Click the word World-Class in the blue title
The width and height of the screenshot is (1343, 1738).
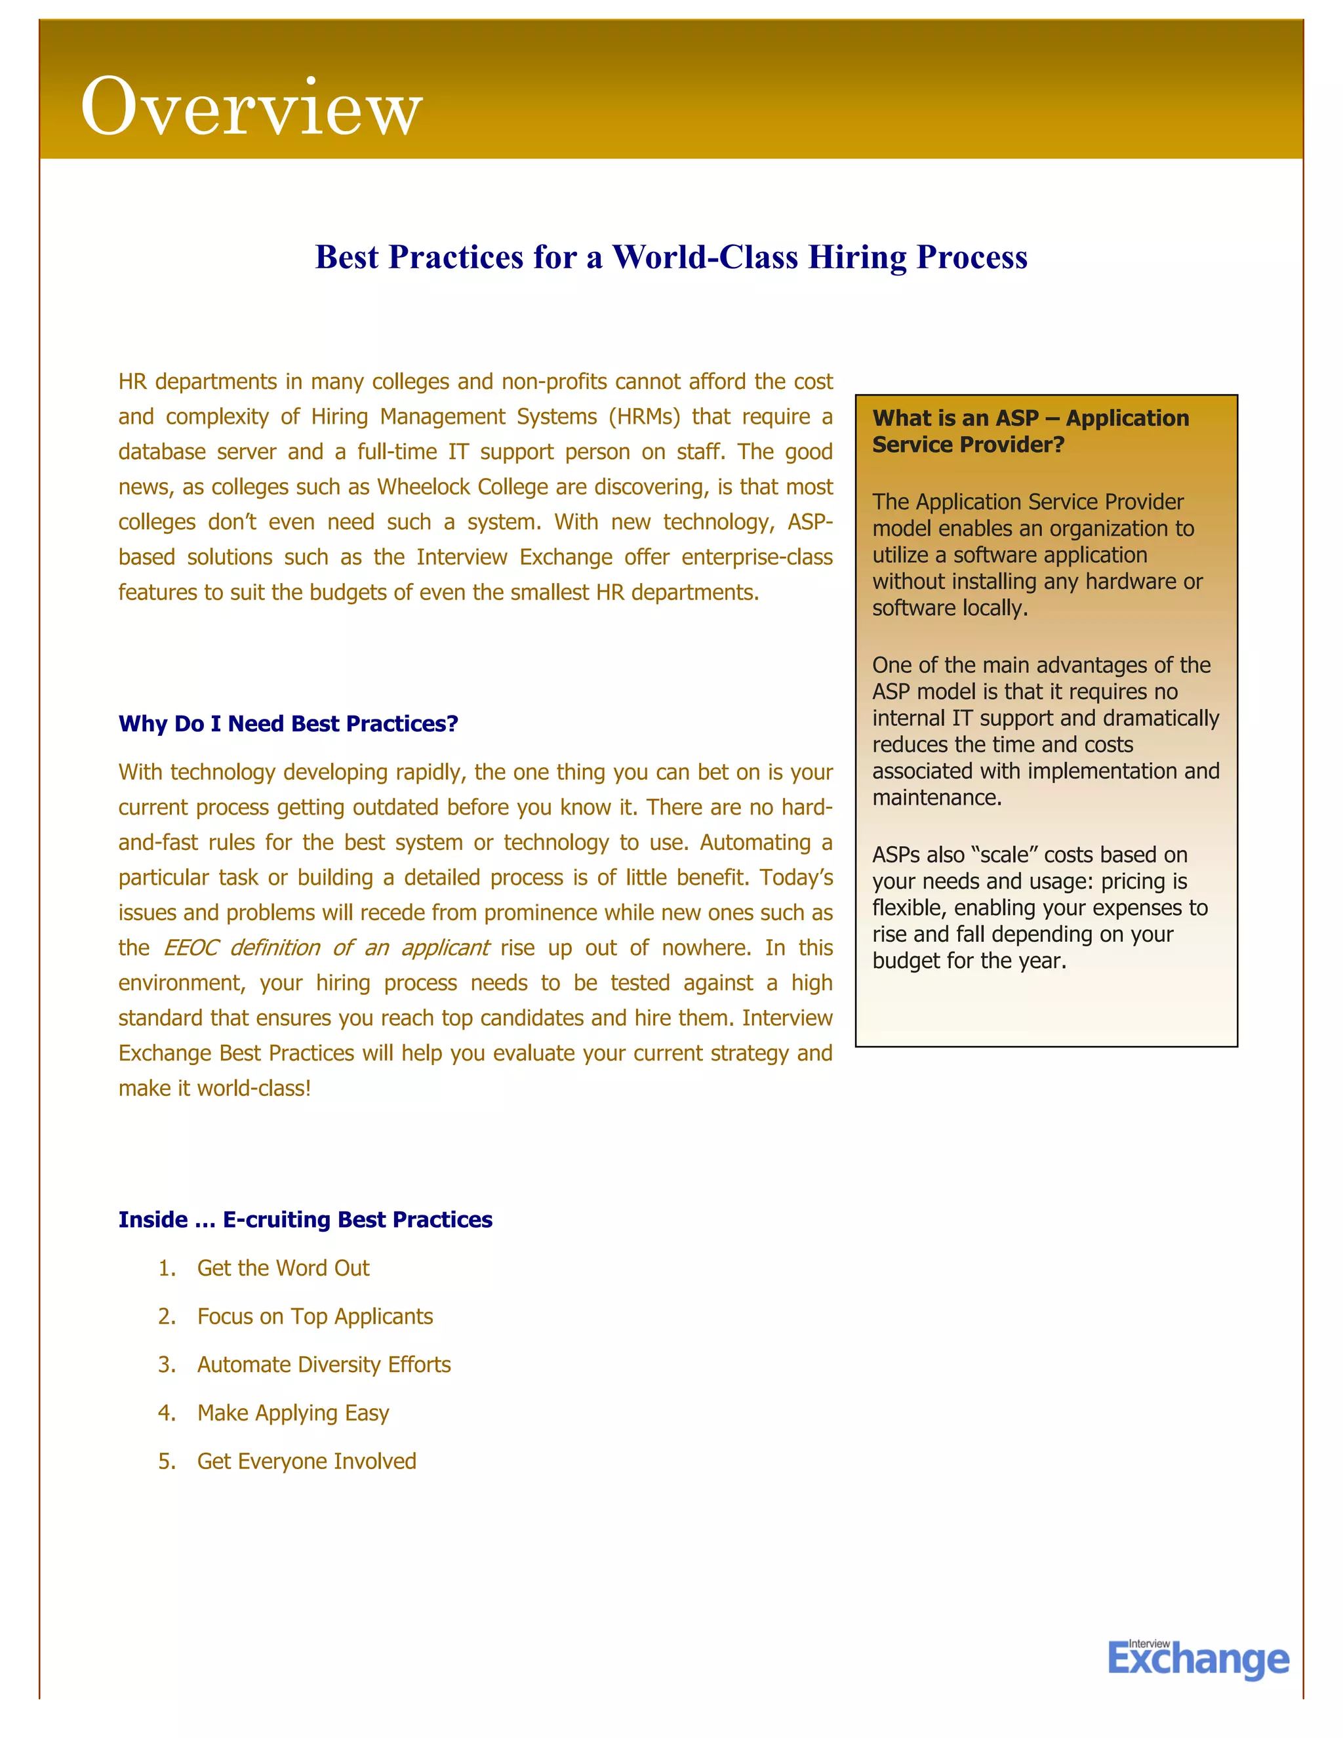[x=704, y=257]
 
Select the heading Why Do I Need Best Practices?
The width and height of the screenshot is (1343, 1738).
[x=288, y=723]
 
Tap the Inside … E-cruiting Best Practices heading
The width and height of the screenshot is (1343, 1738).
[x=306, y=1219]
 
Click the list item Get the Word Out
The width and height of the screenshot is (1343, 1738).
[x=283, y=1268]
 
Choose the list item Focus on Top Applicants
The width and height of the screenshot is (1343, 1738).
[x=315, y=1316]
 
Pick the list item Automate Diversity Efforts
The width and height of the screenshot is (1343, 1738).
[x=324, y=1364]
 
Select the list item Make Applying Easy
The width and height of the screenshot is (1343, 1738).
[x=292, y=1413]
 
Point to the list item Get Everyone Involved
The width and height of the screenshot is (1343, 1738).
[x=306, y=1461]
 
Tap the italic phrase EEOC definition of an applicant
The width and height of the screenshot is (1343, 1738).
[x=325, y=948]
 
